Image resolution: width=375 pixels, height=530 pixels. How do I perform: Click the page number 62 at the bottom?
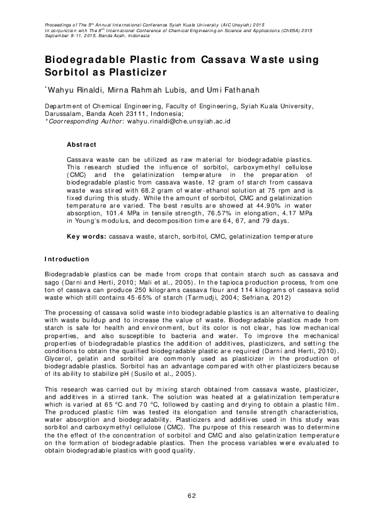point(192,497)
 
